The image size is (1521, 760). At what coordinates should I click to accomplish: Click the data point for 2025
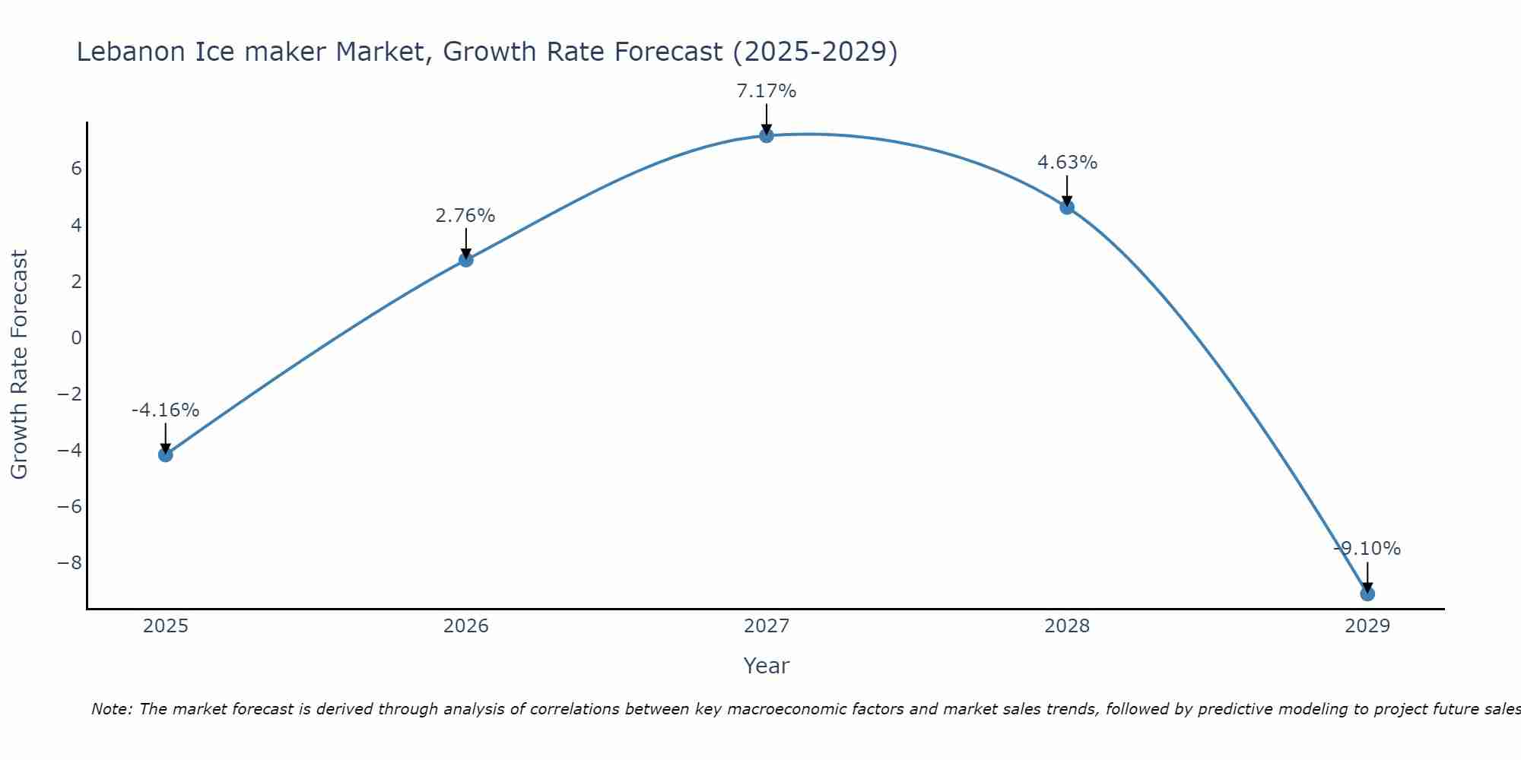pyautogui.click(x=165, y=454)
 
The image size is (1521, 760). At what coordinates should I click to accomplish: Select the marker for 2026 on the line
pyautogui.click(x=466, y=259)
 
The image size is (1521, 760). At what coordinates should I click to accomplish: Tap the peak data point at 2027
pyautogui.click(x=767, y=135)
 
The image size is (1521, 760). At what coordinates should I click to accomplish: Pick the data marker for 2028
pyautogui.click(x=1067, y=207)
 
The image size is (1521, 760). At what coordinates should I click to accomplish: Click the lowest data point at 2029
pyautogui.click(x=1367, y=594)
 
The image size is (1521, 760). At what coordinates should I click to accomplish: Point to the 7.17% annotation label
pyautogui.click(x=767, y=91)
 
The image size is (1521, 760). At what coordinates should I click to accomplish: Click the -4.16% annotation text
pyautogui.click(x=165, y=410)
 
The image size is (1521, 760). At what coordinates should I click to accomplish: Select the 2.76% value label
pyautogui.click(x=465, y=216)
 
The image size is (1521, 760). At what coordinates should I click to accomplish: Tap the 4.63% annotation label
pyautogui.click(x=1067, y=163)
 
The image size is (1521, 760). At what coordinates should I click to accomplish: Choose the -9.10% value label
pyautogui.click(x=1367, y=549)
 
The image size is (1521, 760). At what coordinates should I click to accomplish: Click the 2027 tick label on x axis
pyautogui.click(x=767, y=626)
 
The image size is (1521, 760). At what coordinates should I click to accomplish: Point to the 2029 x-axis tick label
pyautogui.click(x=1367, y=626)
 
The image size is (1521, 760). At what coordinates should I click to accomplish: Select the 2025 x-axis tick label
pyautogui.click(x=166, y=626)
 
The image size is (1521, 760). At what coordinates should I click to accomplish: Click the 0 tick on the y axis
pyautogui.click(x=76, y=337)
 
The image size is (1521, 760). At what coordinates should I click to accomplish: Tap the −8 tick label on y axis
pyautogui.click(x=70, y=563)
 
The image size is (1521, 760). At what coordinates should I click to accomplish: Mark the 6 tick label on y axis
pyautogui.click(x=76, y=169)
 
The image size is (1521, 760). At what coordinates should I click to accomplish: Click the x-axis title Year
pyautogui.click(x=767, y=666)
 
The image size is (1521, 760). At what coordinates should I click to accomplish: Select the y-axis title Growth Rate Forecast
pyautogui.click(x=19, y=365)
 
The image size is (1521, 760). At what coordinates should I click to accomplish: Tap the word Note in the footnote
pyautogui.click(x=111, y=709)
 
